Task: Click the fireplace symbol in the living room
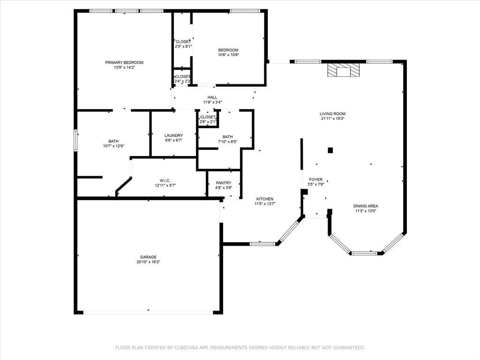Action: click(344, 71)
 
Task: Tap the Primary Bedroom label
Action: click(124, 62)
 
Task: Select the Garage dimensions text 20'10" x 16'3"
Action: click(148, 262)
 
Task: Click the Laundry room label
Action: click(173, 135)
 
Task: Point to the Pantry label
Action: click(224, 183)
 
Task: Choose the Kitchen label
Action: click(264, 199)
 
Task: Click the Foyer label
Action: click(315, 180)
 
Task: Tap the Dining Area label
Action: click(366, 206)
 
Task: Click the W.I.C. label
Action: click(165, 180)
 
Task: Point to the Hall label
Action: click(212, 97)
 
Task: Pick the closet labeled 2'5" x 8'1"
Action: click(182, 42)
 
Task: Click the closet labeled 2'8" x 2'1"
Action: click(208, 117)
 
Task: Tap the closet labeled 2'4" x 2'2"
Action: click(182, 76)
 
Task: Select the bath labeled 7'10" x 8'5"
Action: click(228, 137)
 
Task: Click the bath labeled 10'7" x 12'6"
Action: click(113, 141)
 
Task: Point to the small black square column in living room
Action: click(330, 150)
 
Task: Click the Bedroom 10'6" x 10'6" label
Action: click(228, 50)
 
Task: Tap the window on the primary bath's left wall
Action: click(75, 141)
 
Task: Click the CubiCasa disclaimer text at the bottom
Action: click(240, 348)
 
